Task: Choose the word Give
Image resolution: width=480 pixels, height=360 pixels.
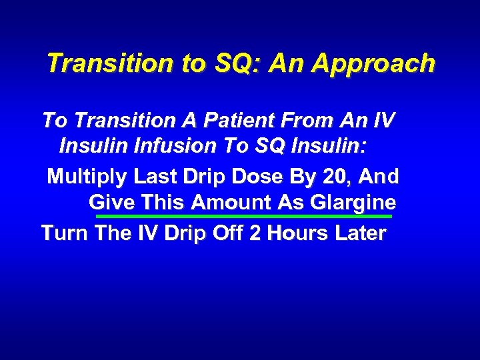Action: pos(111,202)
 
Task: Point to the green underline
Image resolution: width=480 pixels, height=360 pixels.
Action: pos(244,216)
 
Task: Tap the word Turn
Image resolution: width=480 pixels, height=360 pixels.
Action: pos(65,233)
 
